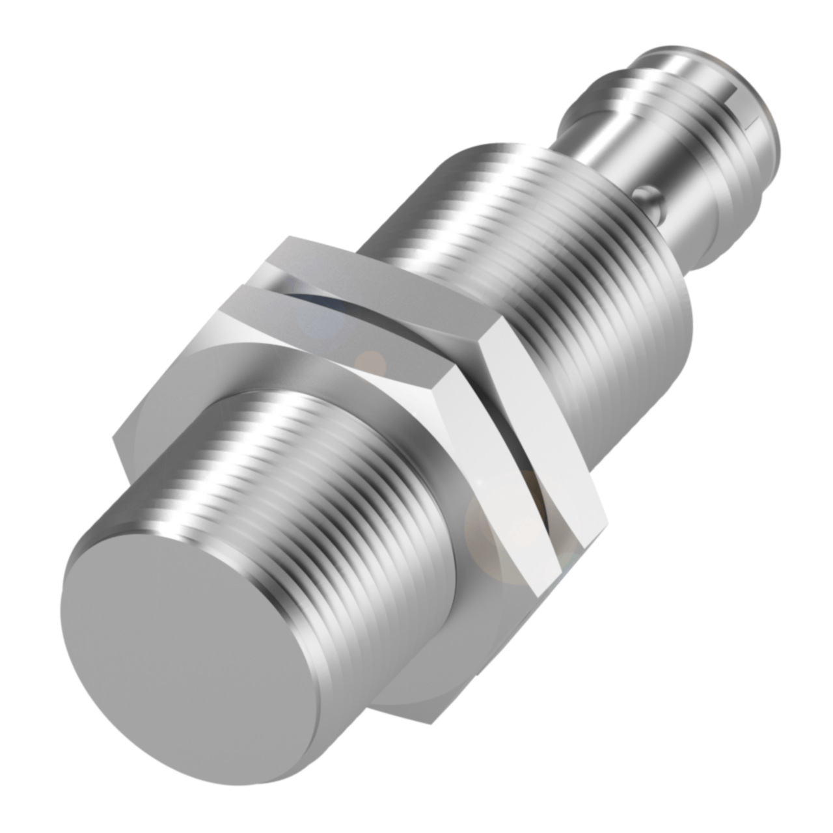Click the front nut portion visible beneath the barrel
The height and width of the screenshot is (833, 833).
[x=416, y=690]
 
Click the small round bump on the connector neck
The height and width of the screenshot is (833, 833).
[x=644, y=193]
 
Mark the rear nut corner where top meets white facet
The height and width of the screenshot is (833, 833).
[x=494, y=319]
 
